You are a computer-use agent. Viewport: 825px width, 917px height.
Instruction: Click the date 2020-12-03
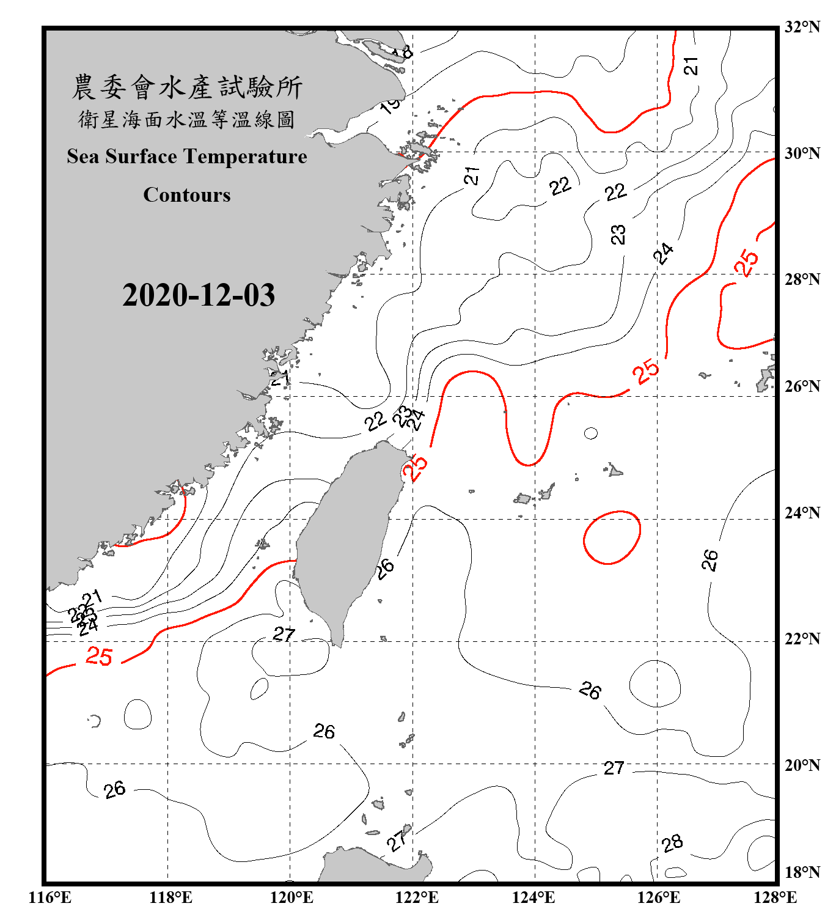click(199, 295)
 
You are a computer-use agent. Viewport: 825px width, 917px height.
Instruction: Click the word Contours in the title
click(187, 195)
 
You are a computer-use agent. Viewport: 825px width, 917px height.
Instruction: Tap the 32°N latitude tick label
click(802, 27)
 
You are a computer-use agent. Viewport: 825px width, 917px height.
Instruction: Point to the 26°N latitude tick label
click(802, 386)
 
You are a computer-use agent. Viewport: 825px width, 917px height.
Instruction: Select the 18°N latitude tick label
click(802, 872)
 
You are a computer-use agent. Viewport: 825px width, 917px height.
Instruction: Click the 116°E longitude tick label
click(50, 897)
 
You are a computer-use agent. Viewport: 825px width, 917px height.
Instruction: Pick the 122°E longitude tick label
click(417, 897)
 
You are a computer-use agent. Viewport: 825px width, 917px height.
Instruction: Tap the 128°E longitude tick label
click(775, 897)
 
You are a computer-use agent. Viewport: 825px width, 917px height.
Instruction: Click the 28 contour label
click(672, 844)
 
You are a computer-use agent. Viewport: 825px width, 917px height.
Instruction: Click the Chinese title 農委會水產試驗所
click(187, 87)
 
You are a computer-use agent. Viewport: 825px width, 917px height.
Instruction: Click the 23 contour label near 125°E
click(618, 234)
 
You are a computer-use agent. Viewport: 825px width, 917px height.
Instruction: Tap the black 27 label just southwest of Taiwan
click(284, 635)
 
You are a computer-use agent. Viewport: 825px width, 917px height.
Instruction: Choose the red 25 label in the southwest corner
click(99, 657)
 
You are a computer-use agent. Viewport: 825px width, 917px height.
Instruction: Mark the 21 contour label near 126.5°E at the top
click(691, 66)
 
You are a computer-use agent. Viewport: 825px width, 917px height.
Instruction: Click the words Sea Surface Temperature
click(187, 157)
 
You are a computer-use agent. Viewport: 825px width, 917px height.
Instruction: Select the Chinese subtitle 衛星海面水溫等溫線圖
click(187, 120)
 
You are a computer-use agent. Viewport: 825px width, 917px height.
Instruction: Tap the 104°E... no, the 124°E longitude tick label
click(533, 897)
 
